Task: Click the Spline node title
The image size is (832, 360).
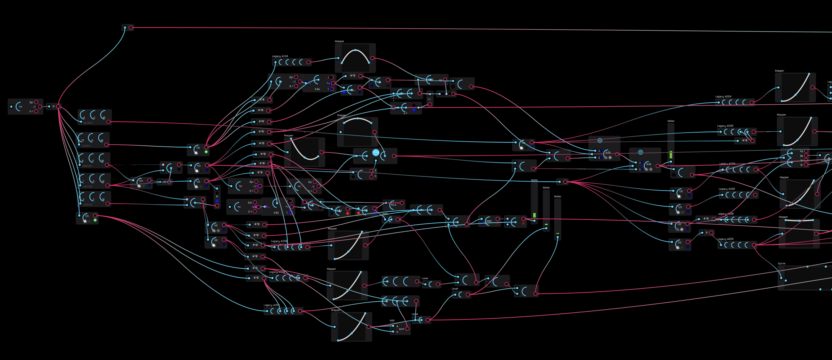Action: point(781,264)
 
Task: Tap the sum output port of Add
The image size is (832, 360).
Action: point(407,329)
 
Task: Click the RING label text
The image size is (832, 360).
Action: point(489,221)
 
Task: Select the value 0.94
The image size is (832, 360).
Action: point(317,89)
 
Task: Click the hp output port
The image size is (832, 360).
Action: point(806,151)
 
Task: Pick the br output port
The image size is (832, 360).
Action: point(806,165)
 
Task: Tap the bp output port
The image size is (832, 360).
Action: point(806,156)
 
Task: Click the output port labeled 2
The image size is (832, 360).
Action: point(371,171)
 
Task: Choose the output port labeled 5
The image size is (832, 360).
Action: point(371,176)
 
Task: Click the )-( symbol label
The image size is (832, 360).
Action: point(429,99)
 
